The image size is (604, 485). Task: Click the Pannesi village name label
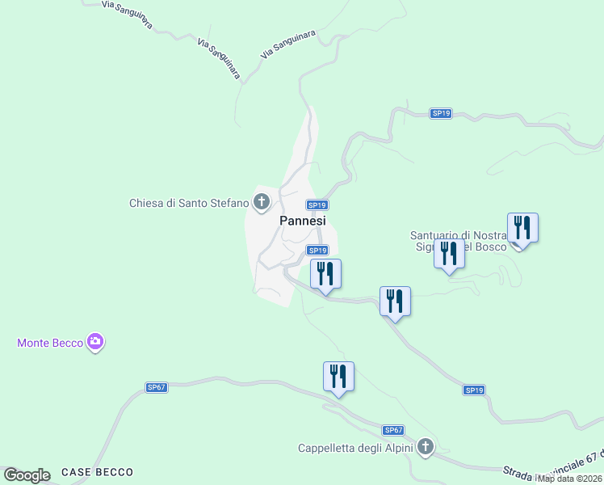click(303, 221)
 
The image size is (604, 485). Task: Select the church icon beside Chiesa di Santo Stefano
click(261, 202)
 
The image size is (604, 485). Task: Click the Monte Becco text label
click(50, 343)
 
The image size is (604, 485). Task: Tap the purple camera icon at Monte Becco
click(96, 343)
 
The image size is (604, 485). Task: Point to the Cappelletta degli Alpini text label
click(355, 448)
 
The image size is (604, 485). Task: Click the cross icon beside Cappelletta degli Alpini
click(426, 447)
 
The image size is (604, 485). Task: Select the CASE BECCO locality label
click(97, 472)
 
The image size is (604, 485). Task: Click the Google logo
click(27, 474)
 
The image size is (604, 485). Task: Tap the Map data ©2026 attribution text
click(570, 479)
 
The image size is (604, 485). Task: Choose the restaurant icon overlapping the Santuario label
click(449, 254)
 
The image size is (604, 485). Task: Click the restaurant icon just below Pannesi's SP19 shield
click(325, 274)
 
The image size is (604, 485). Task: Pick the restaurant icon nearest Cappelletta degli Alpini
click(338, 377)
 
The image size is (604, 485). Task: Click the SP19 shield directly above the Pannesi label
click(317, 205)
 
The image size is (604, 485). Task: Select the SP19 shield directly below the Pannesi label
click(317, 251)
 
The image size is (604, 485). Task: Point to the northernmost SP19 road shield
click(440, 114)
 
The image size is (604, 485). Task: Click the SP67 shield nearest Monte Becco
click(157, 387)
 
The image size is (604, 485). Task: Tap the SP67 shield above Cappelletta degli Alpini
click(393, 430)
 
